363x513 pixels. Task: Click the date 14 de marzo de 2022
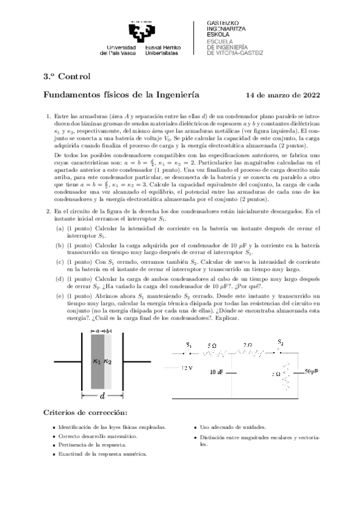pyautogui.click(x=283, y=95)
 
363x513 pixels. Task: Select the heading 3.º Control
pyautogui.click(x=66, y=76)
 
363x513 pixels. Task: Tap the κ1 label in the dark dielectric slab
pyautogui.click(x=97, y=361)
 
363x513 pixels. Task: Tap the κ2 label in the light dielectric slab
pyautogui.click(x=108, y=361)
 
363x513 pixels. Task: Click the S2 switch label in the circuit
pyautogui.click(x=280, y=342)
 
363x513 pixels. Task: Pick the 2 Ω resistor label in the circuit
pyautogui.click(x=248, y=345)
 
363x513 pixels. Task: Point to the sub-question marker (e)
pyautogui.click(x=59, y=296)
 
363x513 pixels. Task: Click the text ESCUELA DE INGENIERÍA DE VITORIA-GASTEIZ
pyautogui.click(x=235, y=47)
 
